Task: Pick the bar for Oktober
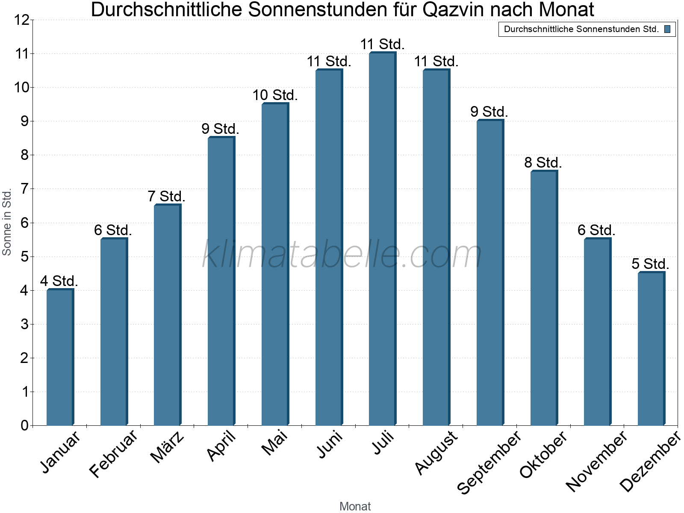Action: [543, 298]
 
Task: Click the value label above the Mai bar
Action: [275, 95]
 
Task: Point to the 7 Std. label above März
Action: [166, 196]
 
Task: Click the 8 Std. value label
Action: [543, 162]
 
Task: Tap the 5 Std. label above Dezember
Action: [650, 264]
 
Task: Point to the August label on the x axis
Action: [436, 452]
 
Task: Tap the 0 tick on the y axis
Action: [24, 425]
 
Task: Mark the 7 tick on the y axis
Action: [24, 189]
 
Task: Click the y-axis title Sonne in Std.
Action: [7, 222]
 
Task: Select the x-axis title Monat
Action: [355, 506]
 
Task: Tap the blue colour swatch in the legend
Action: [667, 29]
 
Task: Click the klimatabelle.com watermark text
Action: [342, 254]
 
